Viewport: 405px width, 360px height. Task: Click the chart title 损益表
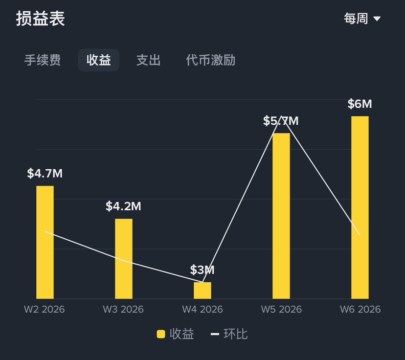(x=41, y=19)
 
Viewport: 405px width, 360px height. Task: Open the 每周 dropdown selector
(x=362, y=19)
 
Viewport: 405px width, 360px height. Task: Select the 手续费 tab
(x=43, y=60)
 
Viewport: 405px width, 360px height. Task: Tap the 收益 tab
(x=98, y=60)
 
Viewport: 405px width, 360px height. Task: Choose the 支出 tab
(x=148, y=60)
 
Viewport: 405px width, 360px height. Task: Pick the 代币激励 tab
(x=210, y=60)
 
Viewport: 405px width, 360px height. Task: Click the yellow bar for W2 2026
(x=45, y=242)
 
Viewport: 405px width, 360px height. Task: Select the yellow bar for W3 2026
(x=124, y=258)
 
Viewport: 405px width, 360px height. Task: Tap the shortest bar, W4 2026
(x=202, y=291)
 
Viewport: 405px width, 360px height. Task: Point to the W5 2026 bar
(x=281, y=215)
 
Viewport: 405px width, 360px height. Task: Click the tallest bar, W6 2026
(x=360, y=207)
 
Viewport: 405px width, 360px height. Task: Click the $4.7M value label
(x=45, y=174)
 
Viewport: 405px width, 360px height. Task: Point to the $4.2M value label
(x=123, y=206)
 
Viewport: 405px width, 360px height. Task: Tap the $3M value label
(x=202, y=270)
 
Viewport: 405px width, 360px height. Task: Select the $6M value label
(x=360, y=104)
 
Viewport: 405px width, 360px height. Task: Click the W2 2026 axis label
(x=45, y=310)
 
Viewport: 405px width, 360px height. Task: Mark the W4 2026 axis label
(x=202, y=310)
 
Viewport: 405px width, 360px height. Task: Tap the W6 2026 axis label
(x=360, y=310)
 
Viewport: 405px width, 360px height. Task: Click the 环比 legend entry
(x=230, y=334)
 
